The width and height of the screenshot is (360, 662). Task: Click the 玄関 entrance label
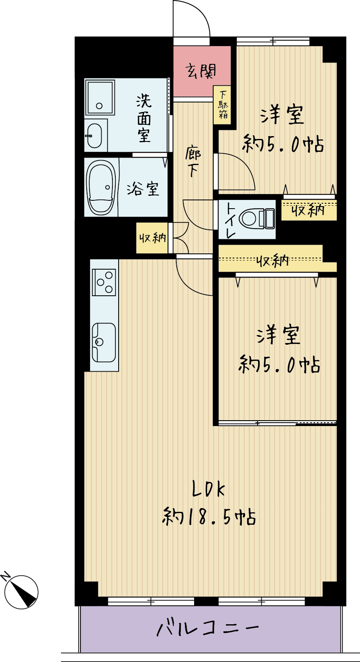[x=201, y=71]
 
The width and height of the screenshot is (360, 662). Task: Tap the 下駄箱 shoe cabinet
[x=222, y=105]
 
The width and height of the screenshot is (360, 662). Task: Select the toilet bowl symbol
[x=257, y=219]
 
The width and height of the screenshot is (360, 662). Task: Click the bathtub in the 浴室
[x=101, y=187]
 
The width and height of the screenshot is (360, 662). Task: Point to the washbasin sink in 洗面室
[x=94, y=136]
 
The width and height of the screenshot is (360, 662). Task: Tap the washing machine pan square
[x=100, y=97]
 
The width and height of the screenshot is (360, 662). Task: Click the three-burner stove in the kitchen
[x=104, y=282]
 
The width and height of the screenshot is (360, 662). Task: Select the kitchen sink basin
[x=104, y=342]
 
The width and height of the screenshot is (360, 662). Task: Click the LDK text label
[x=208, y=489]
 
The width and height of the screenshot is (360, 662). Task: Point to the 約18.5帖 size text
[x=209, y=516]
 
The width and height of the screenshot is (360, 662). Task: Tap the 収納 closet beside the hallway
[x=152, y=238]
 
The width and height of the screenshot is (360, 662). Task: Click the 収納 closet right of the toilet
[x=309, y=210]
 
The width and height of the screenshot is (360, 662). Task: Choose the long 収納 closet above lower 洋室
[x=277, y=258]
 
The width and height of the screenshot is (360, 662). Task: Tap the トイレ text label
[x=231, y=220]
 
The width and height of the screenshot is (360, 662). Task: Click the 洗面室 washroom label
[x=144, y=118]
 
